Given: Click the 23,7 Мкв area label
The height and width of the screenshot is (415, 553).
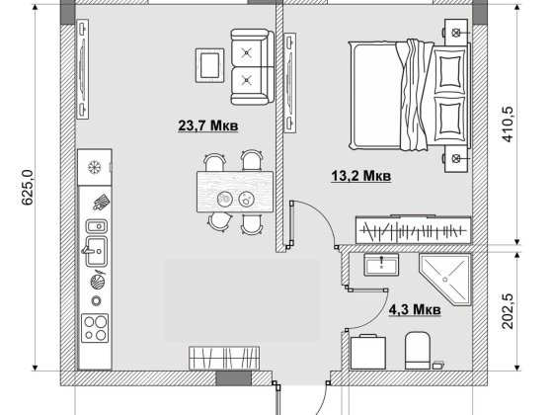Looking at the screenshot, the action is [x=208, y=125].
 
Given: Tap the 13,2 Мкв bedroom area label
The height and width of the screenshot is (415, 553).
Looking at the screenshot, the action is [x=361, y=176].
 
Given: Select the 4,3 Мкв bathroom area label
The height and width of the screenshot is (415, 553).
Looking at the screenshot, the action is [x=415, y=309].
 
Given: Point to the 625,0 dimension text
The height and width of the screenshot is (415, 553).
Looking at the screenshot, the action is [x=28, y=188].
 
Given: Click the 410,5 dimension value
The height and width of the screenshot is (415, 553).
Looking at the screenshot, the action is [x=508, y=124].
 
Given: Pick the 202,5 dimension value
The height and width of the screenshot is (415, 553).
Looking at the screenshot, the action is [x=508, y=311].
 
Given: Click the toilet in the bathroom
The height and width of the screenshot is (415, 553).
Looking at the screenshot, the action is [x=418, y=351].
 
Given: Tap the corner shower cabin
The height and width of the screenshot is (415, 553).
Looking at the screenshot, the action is [x=445, y=279].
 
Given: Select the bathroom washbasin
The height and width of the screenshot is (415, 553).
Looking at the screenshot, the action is [x=381, y=265].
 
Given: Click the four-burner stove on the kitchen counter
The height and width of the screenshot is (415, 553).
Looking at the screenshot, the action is [x=95, y=328].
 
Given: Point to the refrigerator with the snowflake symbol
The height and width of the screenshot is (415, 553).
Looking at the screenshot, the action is [x=95, y=167].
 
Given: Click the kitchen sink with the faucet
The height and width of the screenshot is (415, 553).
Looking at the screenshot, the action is [x=95, y=251].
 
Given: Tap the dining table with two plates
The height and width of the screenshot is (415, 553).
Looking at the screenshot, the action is [x=235, y=192].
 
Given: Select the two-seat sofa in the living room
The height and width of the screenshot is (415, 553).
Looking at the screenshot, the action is [x=252, y=67].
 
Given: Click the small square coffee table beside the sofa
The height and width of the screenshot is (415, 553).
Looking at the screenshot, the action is [x=209, y=65].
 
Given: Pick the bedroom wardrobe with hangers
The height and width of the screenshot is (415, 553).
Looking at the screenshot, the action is [x=414, y=230].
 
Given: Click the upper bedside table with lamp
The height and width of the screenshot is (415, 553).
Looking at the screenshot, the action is [x=456, y=33].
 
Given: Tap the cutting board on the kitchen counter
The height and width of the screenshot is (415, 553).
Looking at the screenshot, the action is [x=101, y=203].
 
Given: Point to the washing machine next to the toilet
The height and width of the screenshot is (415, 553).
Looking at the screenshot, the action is [x=368, y=353].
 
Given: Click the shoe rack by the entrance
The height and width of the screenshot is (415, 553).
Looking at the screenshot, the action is [x=224, y=358].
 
